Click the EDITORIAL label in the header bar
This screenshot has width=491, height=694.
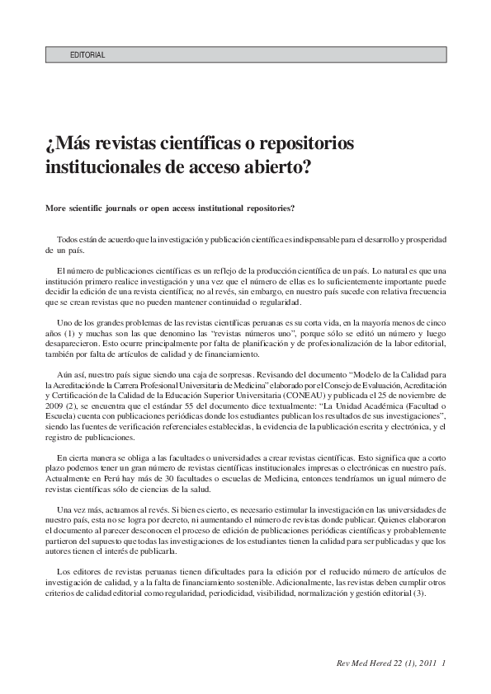88,55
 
